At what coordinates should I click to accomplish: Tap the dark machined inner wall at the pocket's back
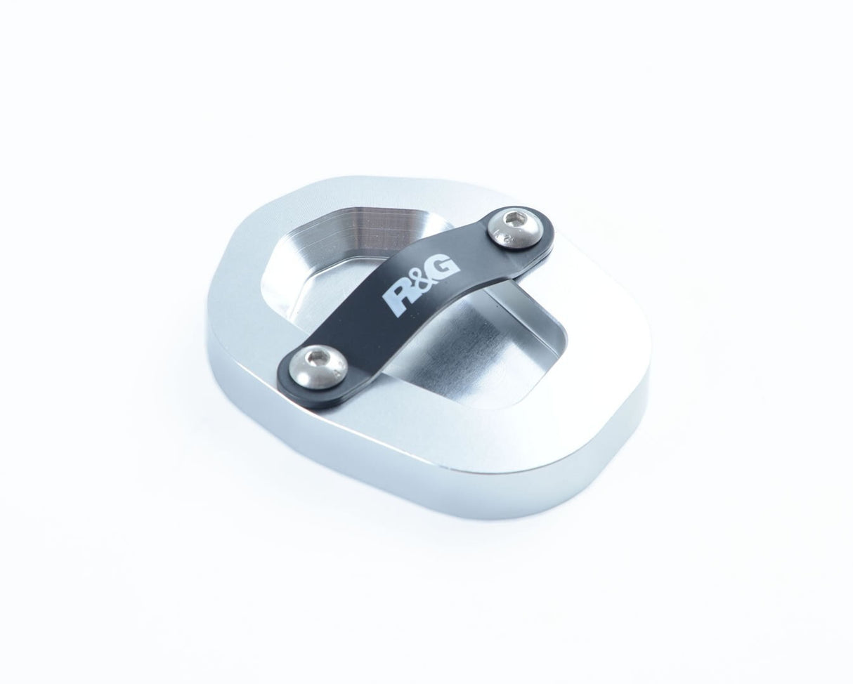pos(351,225)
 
